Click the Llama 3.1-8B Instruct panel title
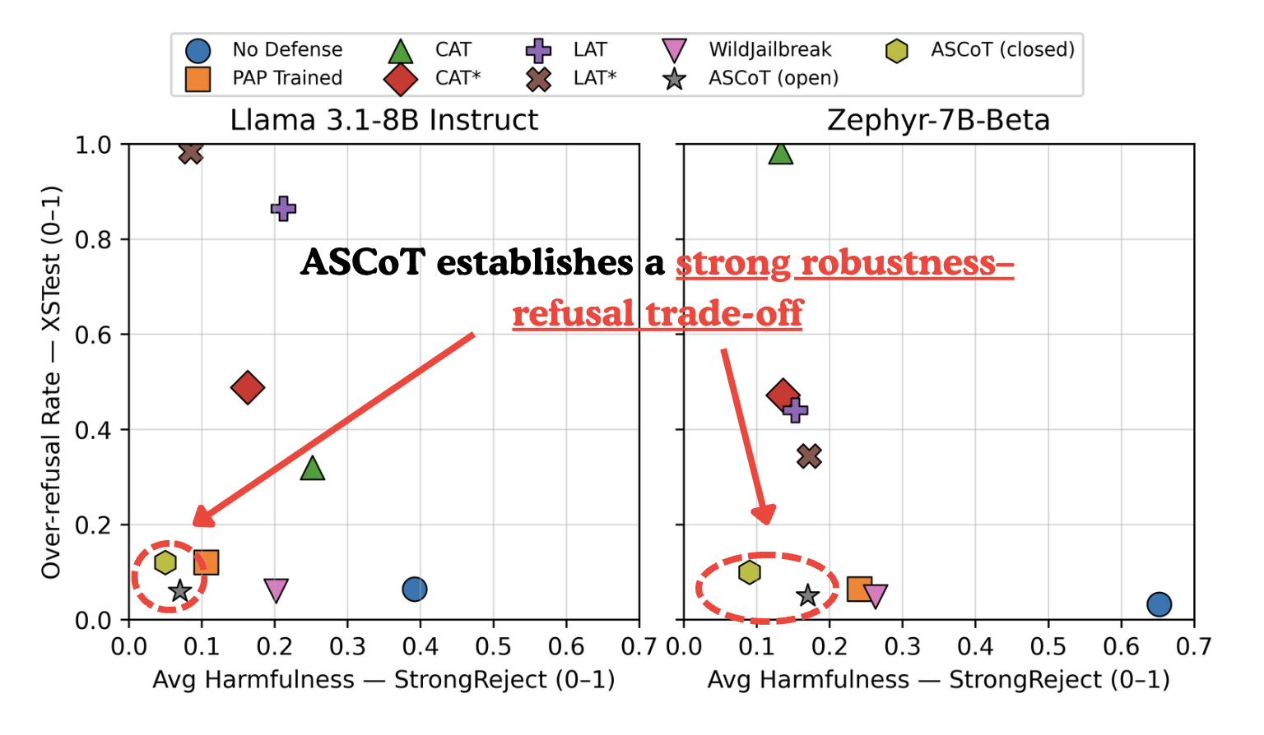click(383, 120)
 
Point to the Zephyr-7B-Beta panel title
click(938, 120)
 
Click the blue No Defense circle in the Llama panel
click(415, 589)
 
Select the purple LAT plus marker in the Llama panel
click(283, 209)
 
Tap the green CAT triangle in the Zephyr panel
click(780, 153)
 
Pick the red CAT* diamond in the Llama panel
click(248, 387)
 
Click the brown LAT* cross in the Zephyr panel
click(809, 456)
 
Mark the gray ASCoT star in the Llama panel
click(179, 591)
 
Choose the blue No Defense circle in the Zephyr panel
click(1159, 604)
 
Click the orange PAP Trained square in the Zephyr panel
click(859, 589)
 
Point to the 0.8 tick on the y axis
click(93, 239)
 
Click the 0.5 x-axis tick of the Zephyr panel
click(1048, 646)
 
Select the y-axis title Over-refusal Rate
click(51, 382)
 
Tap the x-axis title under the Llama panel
click(383, 681)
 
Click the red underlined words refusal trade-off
click(657, 314)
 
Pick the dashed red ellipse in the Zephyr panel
click(766, 587)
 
